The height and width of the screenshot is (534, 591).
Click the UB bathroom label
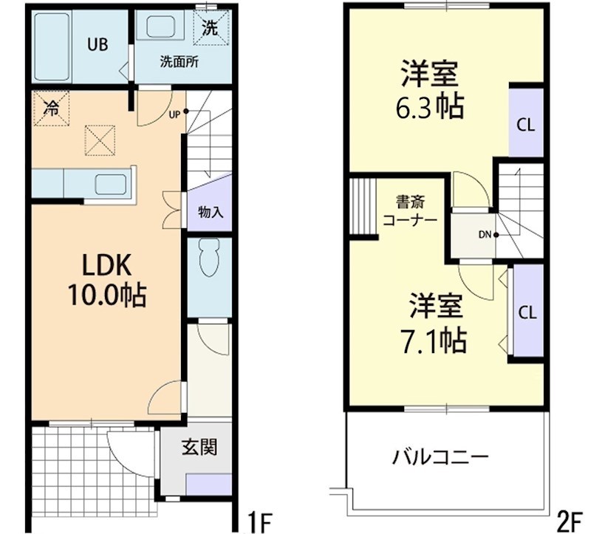pos(98,44)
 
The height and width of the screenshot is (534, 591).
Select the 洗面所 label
pos(180,61)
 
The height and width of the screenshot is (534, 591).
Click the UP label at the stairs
pos(174,114)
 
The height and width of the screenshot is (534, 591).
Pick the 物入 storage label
pos(211,212)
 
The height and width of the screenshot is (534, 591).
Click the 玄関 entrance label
pos(199,447)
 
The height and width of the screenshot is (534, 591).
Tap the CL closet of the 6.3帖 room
pos(526,124)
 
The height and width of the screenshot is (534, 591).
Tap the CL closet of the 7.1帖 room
pos(527,311)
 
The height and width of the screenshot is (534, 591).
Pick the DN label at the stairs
pos(485,236)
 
